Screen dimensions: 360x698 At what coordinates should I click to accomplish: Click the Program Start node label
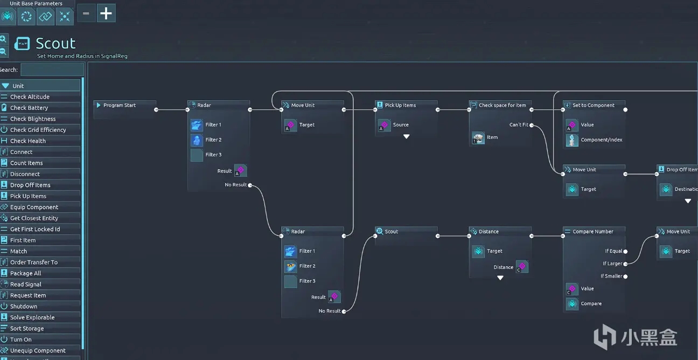coord(120,106)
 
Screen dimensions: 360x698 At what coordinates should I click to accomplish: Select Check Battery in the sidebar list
coord(29,108)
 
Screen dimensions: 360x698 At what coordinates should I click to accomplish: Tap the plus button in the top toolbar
coord(106,13)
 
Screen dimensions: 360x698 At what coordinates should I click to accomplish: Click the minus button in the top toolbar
coord(86,13)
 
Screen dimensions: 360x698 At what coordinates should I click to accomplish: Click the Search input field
coord(52,70)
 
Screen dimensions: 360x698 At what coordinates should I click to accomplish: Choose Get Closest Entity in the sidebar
coord(34,218)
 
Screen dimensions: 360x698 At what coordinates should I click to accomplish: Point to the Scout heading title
coord(55,43)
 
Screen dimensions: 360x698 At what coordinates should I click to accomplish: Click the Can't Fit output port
coord(532,125)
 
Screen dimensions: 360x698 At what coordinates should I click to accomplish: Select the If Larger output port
coord(625,264)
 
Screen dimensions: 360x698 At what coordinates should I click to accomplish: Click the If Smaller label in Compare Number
coord(611,276)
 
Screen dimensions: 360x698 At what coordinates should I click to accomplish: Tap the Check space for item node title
coord(502,106)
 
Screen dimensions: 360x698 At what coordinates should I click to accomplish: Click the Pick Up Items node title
coord(400,106)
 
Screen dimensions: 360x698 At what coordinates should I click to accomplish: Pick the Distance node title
coord(488,232)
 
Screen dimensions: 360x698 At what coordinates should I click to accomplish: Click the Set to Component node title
coord(593,106)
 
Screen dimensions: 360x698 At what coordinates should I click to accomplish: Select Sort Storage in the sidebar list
coord(27,329)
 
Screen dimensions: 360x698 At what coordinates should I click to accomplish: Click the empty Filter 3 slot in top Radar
coord(197,155)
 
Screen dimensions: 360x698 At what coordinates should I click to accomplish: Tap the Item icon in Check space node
coord(478,138)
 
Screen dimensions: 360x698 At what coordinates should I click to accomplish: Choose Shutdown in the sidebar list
coord(24,307)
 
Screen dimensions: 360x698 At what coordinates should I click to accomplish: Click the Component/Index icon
coord(572,140)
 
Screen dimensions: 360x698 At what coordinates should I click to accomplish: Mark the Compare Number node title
coord(592,232)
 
